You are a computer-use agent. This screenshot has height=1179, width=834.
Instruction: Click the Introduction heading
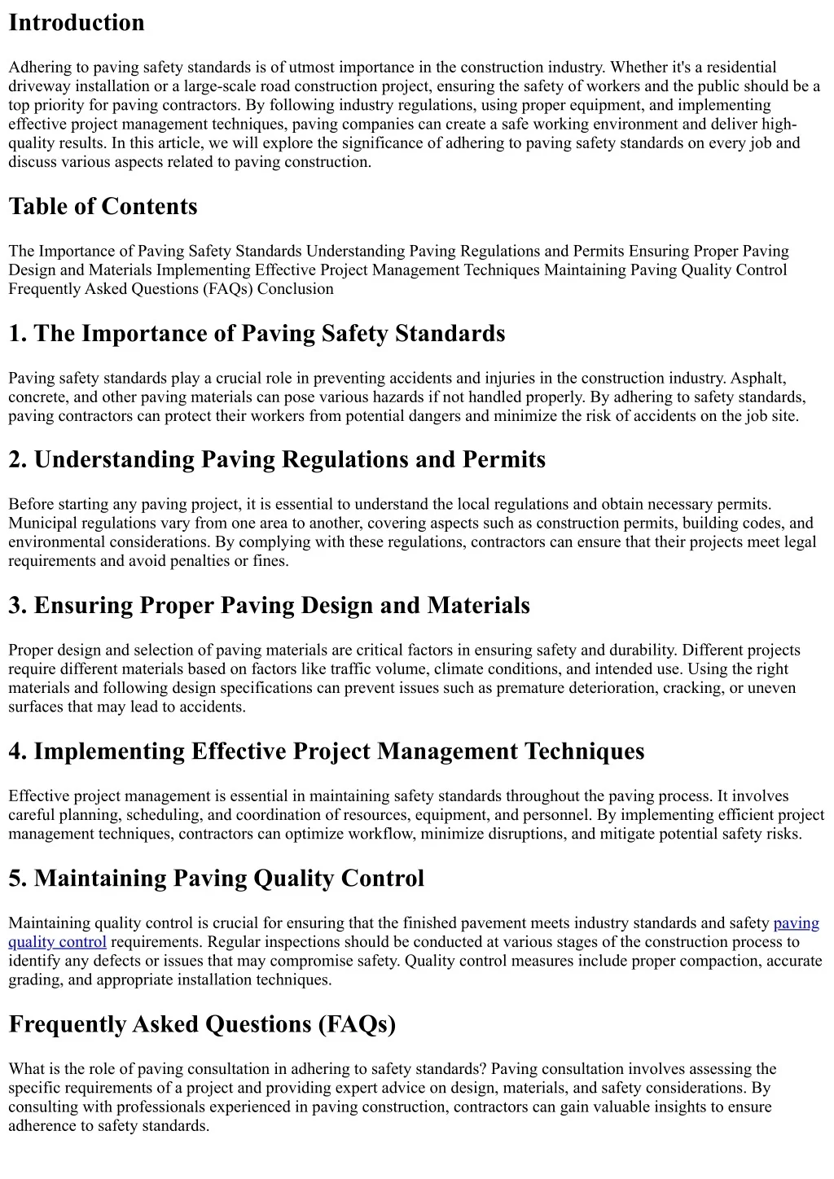click(77, 23)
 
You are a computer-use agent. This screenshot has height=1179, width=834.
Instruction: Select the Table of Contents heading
click(103, 207)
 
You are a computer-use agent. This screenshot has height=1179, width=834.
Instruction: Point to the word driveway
click(38, 86)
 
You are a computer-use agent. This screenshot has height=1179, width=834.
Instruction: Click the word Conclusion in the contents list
click(295, 289)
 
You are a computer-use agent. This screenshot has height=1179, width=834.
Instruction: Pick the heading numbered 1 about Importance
click(257, 334)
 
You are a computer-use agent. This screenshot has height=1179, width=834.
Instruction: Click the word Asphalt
click(758, 379)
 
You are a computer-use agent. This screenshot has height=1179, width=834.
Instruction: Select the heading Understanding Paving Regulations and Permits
click(277, 460)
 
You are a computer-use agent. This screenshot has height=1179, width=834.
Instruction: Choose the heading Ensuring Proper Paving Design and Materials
click(269, 606)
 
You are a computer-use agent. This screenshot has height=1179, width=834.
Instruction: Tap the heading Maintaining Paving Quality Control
click(216, 879)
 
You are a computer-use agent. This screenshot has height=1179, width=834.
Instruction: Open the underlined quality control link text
click(57, 942)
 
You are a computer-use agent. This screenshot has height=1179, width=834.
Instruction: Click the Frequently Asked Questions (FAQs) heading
click(202, 1024)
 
